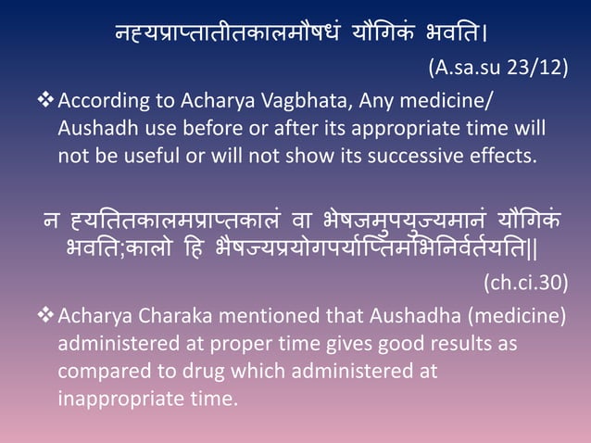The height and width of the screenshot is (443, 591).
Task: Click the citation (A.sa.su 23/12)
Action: (x=497, y=68)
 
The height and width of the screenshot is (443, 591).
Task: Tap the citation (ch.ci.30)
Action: (x=525, y=283)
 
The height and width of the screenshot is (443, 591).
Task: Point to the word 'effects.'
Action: (x=501, y=154)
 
